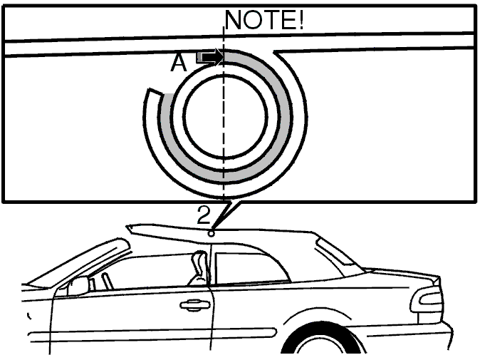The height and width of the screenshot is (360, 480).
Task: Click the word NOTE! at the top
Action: click(264, 20)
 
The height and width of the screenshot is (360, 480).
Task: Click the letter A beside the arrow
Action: click(179, 63)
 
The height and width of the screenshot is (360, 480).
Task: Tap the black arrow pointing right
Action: click(210, 57)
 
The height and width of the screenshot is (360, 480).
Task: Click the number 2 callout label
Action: click(204, 215)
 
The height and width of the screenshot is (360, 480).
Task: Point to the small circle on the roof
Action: click(211, 234)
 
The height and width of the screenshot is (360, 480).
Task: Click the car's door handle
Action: click(195, 305)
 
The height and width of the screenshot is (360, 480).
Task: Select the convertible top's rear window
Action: click(335, 251)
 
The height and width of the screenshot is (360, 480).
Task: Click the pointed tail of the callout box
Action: click(212, 228)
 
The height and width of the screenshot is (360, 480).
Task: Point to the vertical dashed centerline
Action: click(224, 113)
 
